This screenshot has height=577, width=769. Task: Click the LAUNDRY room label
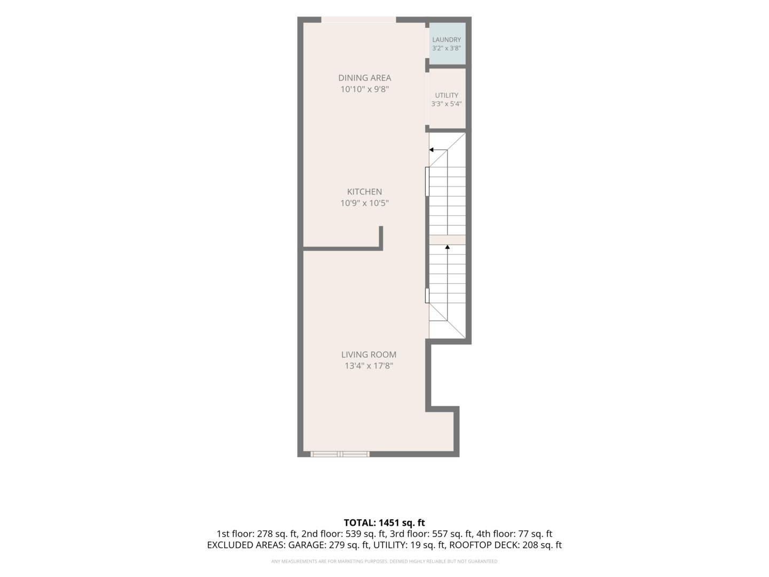446,40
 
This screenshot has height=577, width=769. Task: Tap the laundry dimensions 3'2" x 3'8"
446,48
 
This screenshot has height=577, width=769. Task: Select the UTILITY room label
446,95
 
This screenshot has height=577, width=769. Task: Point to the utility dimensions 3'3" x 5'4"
446,104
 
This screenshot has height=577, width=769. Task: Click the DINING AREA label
364,78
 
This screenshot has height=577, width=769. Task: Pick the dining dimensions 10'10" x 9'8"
364,89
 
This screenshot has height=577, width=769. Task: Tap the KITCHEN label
364,192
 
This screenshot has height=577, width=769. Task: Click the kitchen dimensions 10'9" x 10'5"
364,203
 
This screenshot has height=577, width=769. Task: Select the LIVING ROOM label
368,355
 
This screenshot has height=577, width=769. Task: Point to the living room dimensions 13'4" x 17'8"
368,366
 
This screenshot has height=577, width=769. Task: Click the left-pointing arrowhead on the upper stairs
431,150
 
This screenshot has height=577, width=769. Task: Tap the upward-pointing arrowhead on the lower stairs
447,247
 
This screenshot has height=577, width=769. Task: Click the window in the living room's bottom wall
340,454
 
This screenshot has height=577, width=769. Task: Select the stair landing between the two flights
447,240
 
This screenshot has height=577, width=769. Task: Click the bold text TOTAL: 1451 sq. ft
384,523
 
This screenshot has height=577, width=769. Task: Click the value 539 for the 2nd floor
353,534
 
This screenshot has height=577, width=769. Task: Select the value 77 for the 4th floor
523,534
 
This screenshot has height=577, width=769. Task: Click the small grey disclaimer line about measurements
384,562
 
